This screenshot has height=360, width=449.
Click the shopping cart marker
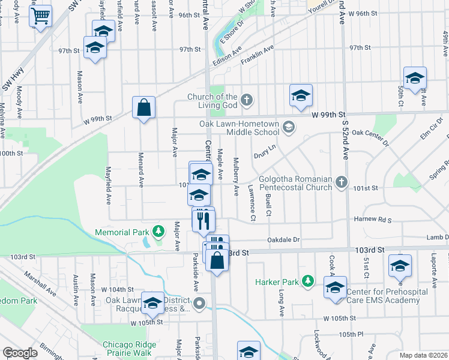click(x=41, y=17)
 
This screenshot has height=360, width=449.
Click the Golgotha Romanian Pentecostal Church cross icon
click(x=341, y=181)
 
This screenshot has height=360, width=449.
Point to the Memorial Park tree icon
click(x=158, y=231)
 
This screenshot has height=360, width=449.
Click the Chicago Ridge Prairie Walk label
click(x=129, y=349)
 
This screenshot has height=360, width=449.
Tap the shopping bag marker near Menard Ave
click(x=143, y=108)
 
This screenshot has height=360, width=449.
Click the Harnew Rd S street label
click(x=372, y=220)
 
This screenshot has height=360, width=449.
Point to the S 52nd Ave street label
click(x=345, y=139)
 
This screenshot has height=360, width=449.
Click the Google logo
click(x=20, y=353)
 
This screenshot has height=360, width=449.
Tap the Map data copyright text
click(x=423, y=355)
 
